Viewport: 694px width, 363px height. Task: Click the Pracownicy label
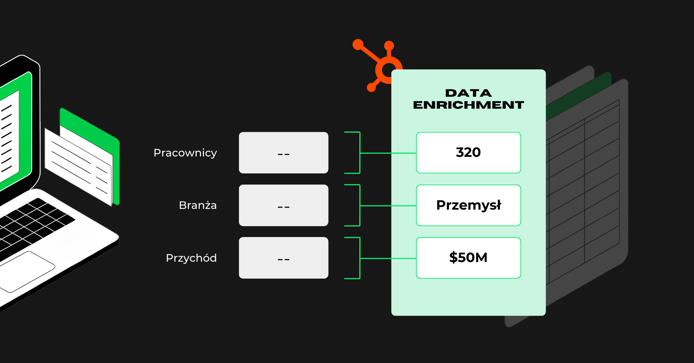click(185, 153)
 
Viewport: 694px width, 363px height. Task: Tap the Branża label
click(197, 205)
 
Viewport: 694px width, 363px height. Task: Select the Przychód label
click(191, 258)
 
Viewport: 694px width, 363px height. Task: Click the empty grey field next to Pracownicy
click(283, 153)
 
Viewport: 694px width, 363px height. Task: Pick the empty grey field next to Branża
click(283, 205)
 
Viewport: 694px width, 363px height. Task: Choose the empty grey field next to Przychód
click(283, 258)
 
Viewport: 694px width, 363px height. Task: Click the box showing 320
click(468, 153)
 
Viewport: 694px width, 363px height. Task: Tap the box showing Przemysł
click(468, 205)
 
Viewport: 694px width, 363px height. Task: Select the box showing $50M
click(468, 258)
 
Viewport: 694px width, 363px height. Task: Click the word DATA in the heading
click(468, 93)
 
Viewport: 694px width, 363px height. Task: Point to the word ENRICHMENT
click(468, 105)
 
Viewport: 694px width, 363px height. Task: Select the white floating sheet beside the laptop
click(77, 166)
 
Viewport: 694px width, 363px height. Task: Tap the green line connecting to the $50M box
click(387, 258)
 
